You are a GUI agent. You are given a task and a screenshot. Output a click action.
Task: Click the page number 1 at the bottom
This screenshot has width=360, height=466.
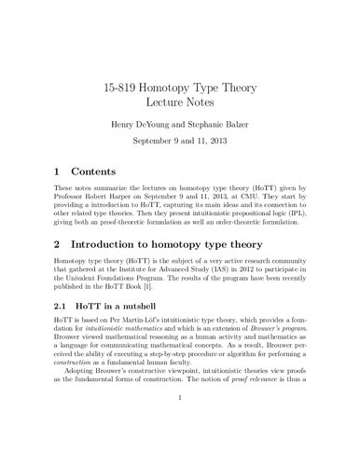tap(180, 446)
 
